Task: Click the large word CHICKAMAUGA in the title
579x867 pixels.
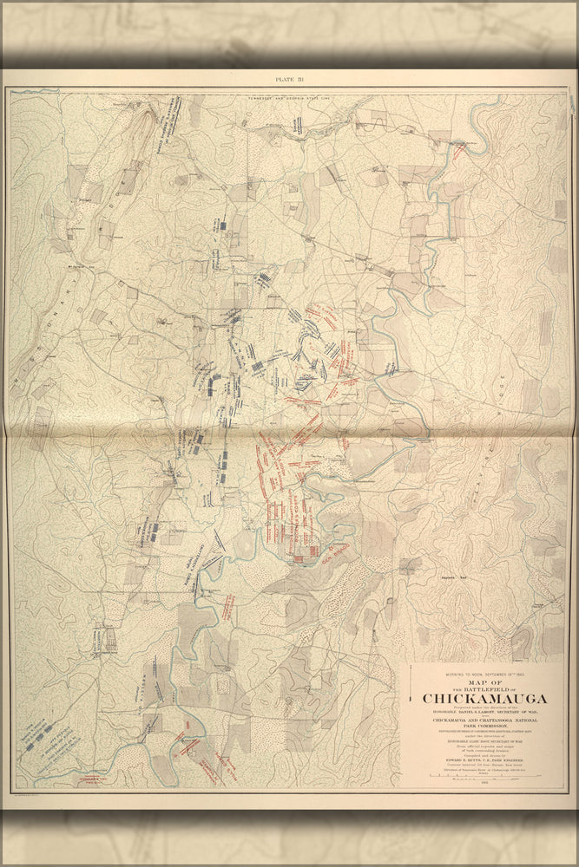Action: point(484,699)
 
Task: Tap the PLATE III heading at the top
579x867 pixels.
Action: point(289,79)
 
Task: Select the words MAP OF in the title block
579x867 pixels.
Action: point(484,681)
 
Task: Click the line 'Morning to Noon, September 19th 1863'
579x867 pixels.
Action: point(484,674)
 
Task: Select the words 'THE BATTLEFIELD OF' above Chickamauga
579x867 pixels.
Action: point(484,689)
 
